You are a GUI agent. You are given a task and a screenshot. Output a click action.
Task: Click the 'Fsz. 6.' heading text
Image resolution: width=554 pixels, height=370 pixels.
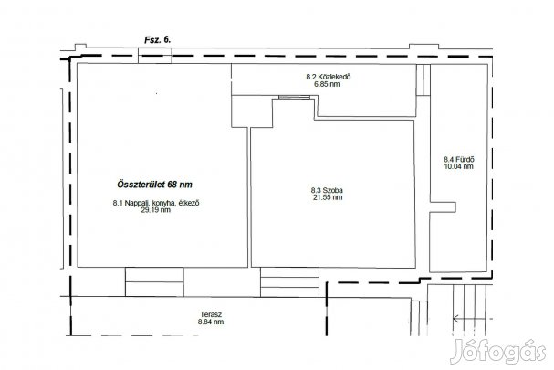[157, 40]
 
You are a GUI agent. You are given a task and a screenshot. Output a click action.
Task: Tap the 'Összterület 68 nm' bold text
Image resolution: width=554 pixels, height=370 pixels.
[154, 185]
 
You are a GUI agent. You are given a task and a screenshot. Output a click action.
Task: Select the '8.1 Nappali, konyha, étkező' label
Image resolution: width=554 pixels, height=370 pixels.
[156, 203]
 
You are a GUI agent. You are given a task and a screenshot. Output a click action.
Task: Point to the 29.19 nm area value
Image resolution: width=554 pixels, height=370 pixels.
[155, 210]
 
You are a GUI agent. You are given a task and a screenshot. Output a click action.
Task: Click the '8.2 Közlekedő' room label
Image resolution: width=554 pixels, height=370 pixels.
[329, 77]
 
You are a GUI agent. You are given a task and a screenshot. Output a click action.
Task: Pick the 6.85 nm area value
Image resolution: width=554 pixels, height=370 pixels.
[327, 84]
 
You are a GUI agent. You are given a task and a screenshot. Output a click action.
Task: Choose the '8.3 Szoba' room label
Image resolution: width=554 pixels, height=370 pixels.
[327, 190]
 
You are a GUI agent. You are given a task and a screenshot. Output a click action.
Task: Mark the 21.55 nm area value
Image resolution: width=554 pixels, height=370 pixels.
[328, 197]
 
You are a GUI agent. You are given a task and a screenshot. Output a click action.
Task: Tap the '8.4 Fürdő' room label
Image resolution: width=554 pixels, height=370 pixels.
[459, 160]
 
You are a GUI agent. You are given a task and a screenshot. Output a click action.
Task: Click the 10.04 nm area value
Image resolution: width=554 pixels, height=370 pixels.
[458, 166]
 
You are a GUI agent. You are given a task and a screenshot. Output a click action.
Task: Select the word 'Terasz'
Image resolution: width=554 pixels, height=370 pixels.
[211, 314]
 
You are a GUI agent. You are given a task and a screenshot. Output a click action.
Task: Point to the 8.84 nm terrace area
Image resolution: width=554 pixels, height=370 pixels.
[211, 322]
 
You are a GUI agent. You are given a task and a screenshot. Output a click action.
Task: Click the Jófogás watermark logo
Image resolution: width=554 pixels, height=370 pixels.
[498, 351]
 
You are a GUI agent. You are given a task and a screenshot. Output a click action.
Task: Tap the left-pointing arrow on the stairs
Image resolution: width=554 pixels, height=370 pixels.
[473, 319]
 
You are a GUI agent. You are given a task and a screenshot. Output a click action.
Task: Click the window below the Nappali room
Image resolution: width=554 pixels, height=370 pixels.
[154, 282]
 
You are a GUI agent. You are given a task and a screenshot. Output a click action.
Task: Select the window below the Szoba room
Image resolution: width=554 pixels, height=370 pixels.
[289, 282]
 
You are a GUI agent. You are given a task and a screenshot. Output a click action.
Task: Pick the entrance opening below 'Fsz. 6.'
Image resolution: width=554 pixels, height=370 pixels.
[155, 56]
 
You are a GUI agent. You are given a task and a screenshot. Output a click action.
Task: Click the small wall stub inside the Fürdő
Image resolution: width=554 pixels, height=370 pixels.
[443, 207]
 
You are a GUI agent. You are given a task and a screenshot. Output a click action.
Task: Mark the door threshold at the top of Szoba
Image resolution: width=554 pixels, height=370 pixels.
[294, 97]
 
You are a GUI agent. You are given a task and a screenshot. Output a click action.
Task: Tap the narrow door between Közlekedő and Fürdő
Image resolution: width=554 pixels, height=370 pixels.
[423, 80]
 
